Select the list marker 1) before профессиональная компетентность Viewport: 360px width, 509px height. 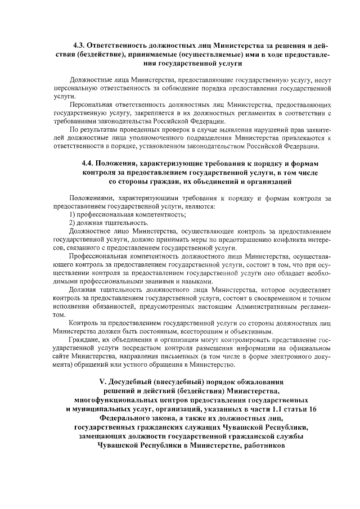point(73,215)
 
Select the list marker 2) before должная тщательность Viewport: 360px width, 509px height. point(73,223)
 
